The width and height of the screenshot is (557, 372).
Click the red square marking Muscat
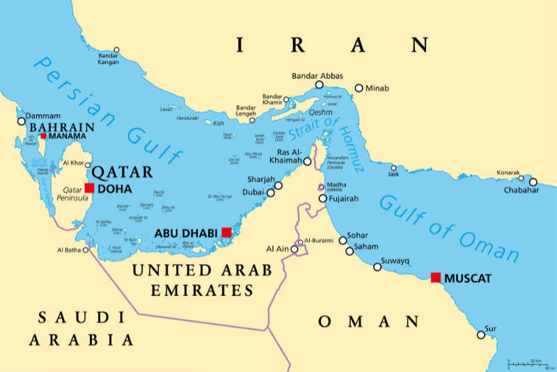[436, 277]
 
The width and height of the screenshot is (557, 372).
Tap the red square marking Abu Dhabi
[226, 232]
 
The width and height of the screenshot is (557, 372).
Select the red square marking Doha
[89, 187]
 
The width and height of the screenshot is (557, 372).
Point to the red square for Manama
[43, 136]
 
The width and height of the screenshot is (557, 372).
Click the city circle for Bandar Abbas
[320, 84]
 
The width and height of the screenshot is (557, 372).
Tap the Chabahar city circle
[533, 183]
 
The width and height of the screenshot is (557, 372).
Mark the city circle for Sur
[481, 334]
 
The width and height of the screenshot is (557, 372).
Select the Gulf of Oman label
[449, 227]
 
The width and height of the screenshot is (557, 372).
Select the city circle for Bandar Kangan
[116, 50]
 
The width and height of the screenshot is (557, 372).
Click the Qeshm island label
[320, 112]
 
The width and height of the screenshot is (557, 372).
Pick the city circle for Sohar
[343, 240]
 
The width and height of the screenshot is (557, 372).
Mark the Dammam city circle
[22, 121]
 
